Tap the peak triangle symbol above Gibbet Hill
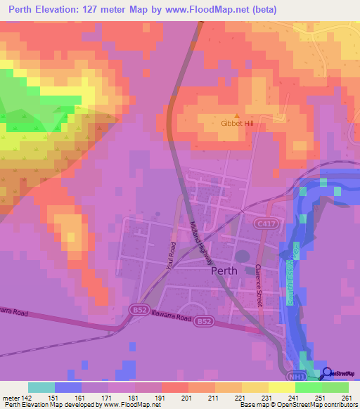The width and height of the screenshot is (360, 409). (236, 115)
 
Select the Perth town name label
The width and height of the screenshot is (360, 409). (224, 269)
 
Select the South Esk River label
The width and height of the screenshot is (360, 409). (290, 277)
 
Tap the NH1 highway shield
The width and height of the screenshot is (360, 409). (300, 375)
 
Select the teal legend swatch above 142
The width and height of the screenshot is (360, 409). (41, 387)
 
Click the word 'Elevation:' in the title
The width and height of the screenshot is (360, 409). (64, 10)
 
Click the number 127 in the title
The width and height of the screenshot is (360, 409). (105, 10)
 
